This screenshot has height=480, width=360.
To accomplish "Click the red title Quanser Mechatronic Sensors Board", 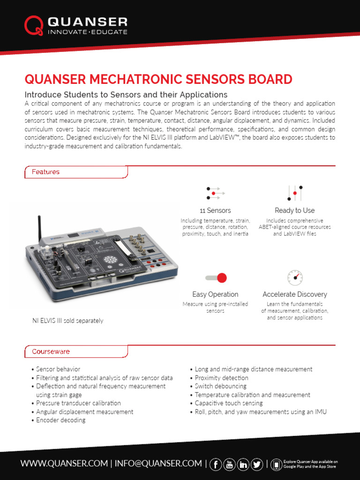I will click(x=158, y=79).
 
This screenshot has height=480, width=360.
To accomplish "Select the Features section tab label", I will click(x=45, y=172).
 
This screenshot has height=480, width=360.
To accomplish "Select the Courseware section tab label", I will click(x=51, y=351).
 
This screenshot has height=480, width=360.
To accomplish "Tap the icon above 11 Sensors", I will click(x=215, y=193).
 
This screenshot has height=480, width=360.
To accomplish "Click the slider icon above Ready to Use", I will click(x=295, y=193).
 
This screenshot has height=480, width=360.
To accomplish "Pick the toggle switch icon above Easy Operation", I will click(x=216, y=278).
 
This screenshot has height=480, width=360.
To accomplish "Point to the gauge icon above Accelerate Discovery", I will click(x=295, y=277).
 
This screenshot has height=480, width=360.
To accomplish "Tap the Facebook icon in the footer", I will click(x=216, y=464).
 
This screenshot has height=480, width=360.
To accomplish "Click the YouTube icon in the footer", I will click(x=230, y=464).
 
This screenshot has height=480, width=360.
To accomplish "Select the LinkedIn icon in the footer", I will click(x=243, y=464).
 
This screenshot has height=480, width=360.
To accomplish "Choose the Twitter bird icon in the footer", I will click(x=257, y=464).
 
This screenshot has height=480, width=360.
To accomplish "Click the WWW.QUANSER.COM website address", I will click(x=64, y=464).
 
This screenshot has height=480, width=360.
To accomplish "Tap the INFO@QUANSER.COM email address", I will click(x=158, y=464).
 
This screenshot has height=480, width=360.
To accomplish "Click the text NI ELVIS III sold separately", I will click(x=67, y=321).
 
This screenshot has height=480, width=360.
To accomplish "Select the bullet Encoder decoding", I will click(x=61, y=420).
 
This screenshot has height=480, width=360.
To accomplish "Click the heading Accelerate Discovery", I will click(x=295, y=294).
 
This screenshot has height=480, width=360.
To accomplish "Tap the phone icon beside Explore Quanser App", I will click(x=277, y=464).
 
